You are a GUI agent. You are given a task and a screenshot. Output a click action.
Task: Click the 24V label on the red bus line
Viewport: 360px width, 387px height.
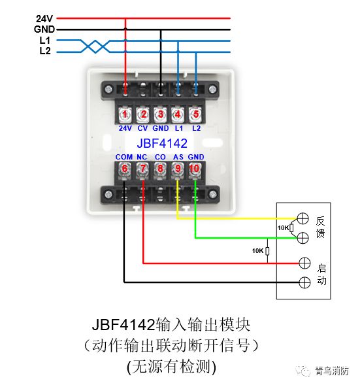click(44, 18)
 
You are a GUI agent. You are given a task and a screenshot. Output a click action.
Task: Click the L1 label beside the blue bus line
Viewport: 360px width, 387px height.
click(45, 40)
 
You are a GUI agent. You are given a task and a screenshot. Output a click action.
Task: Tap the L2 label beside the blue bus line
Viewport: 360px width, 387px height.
click(45, 51)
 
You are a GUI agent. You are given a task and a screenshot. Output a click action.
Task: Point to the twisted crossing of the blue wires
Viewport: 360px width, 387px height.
click(95, 46)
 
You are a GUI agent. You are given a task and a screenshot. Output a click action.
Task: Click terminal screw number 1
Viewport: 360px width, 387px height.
click(125, 114)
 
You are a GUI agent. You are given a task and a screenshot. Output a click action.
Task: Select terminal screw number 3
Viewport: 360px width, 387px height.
click(161, 114)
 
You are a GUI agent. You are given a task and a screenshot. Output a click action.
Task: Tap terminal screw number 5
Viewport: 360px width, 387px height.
click(195, 114)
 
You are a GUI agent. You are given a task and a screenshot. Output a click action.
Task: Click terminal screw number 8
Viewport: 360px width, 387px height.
click(160, 169)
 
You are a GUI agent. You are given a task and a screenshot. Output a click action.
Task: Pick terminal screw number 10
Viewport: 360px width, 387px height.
click(195, 169)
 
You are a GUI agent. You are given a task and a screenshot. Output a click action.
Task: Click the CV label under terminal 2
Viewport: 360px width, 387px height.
click(142, 128)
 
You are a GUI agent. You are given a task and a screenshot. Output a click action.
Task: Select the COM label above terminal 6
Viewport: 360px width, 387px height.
click(124, 157)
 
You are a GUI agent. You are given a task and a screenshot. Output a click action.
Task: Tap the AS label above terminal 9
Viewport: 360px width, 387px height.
click(178, 157)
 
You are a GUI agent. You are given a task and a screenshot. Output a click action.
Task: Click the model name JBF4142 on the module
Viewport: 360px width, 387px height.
click(162, 143)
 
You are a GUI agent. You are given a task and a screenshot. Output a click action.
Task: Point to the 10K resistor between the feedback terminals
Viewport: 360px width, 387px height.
click(291, 228)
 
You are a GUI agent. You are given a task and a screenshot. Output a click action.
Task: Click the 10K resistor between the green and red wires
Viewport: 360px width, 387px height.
click(267, 251)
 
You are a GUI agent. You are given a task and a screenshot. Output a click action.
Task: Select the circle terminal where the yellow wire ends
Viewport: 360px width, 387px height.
click(303, 218)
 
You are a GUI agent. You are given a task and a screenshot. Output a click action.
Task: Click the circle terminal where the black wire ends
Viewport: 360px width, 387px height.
click(304, 282)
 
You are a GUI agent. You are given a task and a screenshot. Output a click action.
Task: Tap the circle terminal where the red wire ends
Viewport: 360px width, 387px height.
click(304, 263)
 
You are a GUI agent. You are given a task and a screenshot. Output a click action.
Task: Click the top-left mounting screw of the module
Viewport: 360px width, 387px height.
click(108, 89)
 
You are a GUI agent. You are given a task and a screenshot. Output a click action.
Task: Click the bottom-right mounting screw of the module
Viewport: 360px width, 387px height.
click(213, 195)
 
